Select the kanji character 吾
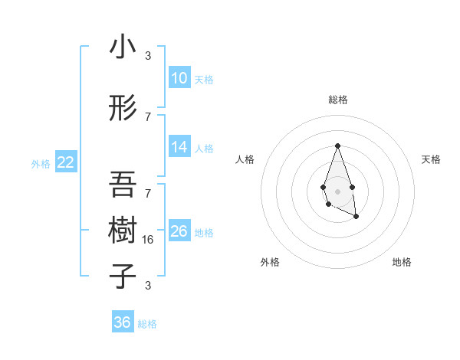coord(123,185)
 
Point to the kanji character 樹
coord(123,230)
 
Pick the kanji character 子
coord(123,276)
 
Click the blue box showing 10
coord(179,78)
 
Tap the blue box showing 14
coord(179,147)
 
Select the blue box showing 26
coord(179,231)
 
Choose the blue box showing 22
coord(65,162)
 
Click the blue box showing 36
coord(122,322)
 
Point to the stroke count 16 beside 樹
coord(149,239)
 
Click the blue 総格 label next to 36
coord(147,324)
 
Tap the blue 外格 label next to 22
coord(41,163)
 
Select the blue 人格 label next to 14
coord(204,149)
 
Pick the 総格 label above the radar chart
coord(337,100)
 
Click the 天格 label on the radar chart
coord(431,159)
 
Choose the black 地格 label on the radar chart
coord(402,262)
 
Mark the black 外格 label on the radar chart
coord(270,262)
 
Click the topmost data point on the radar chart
coord(337,146)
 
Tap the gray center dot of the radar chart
coord(337,191)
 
